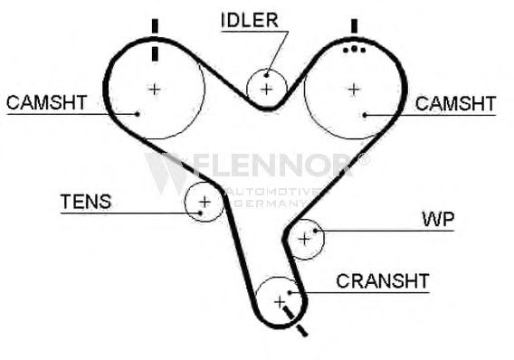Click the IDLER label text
pyautogui.click(x=250, y=20)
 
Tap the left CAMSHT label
pyautogui.click(x=46, y=102)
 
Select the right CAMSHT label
pyautogui.click(x=455, y=104)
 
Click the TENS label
pyautogui.click(x=86, y=202)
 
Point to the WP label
pyautogui.click(x=438, y=220)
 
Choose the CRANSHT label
pyautogui.click(x=383, y=281)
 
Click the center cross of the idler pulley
pyautogui.click(x=267, y=90)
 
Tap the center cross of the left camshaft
pyautogui.click(x=155, y=90)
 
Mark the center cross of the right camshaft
pyautogui.click(x=354, y=90)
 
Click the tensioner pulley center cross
pyautogui.click(x=205, y=202)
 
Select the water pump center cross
pyautogui.click(x=304, y=239)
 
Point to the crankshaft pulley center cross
pyautogui.click(x=280, y=302)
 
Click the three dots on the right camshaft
pyautogui.click(x=354, y=50)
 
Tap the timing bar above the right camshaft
pyautogui.click(x=354, y=26)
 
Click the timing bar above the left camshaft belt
pyautogui.click(x=155, y=26)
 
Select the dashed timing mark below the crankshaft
pyautogui.click(x=296, y=321)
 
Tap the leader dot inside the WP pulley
pyautogui.click(x=315, y=231)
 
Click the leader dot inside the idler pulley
pyautogui.click(x=267, y=75)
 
